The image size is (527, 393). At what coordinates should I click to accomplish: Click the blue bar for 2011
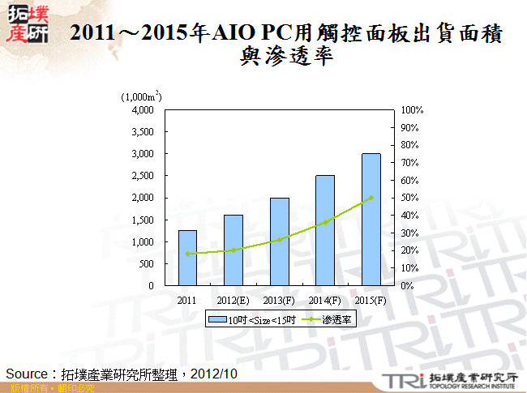coord(187,258)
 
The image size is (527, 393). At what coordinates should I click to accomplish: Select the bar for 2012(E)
coord(234,250)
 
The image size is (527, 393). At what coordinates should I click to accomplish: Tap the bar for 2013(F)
coord(280,241)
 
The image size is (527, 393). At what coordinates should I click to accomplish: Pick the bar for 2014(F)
coord(325,231)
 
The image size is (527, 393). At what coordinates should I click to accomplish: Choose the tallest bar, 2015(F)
coord(371,220)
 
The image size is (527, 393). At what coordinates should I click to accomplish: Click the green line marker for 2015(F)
coord(371,198)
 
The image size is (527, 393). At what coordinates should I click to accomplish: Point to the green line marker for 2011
coord(187,254)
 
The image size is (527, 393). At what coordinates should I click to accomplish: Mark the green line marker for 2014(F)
coord(325,222)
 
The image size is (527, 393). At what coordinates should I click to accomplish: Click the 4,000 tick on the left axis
coord(143,109)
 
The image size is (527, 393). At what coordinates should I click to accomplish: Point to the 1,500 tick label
coord(143,220)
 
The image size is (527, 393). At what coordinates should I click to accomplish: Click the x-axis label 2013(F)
coord(280,299)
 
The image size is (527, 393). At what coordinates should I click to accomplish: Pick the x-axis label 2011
coord(187,299)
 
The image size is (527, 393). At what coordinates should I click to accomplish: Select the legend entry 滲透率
coord(336,320)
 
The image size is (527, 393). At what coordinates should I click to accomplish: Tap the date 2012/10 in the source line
coord(215,374)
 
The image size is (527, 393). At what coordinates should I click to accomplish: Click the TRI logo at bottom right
coord(401,379)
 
